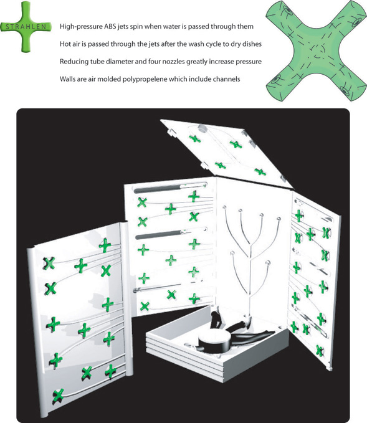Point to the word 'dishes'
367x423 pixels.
[x=252, y=44]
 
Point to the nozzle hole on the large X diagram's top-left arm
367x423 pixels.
[x=287, y=12]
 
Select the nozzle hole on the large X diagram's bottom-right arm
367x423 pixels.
[x=347, y=90]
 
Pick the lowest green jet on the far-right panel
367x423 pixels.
[x=320, y=351]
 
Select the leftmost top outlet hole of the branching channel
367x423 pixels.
[x=224, y=207]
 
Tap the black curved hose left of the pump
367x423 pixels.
[x=217, y=319]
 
